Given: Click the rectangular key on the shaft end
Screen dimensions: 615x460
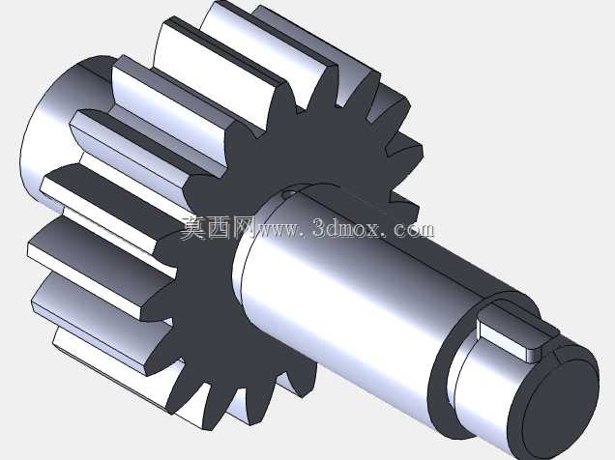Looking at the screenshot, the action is click(x=517, y=333).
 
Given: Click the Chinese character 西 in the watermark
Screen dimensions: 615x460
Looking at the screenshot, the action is click(x=219, y=227).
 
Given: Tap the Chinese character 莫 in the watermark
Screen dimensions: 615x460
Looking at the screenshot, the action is click(x=193, y=227).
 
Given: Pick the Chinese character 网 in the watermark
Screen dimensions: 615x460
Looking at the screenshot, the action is click(x=243, y=227).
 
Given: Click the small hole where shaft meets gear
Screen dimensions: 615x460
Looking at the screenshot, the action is click(x=289, y=193).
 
